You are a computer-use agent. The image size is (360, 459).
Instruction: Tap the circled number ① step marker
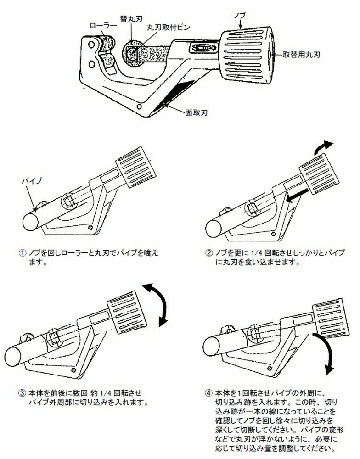pyautogui.click(x=21, y=253)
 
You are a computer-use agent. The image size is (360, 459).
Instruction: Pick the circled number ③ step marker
pyautogui.click(x=21, y=394)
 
